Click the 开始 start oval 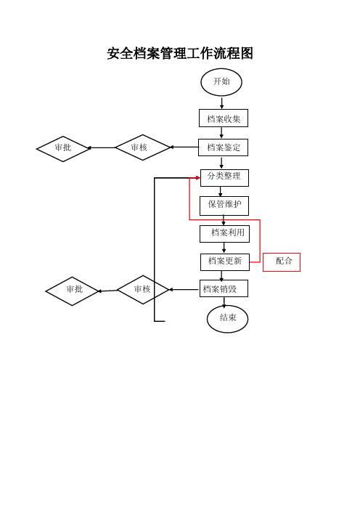tap(221, 82)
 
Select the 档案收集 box tap(224, 118)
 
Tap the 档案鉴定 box tap(224, 147)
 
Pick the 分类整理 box tap(224, 177)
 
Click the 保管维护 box tap(224, 206)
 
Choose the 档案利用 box tap(224, 234)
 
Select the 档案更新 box tap(225, 262)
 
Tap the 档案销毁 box tap(224, 288)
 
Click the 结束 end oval tap(227, 319)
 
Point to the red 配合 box tap(282, 262)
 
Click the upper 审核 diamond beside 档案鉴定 tap(143, 147)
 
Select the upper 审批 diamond tap(63, 149)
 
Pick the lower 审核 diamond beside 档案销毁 tap(143, 289)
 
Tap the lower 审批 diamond tap(72, 291)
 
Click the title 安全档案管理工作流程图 tap(180, 53)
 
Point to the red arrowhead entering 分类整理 tap(198, 177)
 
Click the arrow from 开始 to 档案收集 tap(221, 102)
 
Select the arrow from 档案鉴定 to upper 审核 tap(184, 147)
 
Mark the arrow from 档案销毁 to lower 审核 tap(184, 289)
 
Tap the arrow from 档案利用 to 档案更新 tap(224, 248)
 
